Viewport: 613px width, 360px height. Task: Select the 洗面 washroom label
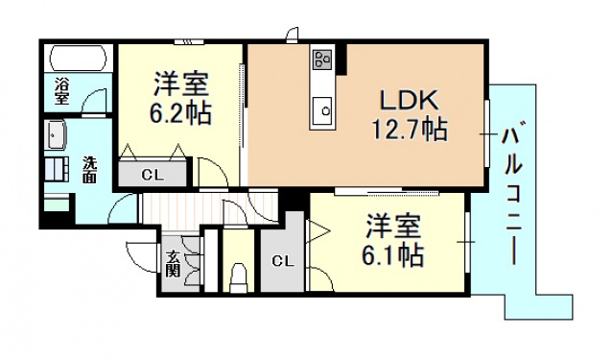[88, 170]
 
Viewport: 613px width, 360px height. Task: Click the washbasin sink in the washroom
[55, 135]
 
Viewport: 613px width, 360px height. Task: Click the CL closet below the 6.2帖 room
[152, 175]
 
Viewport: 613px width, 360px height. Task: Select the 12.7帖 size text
[410, 129]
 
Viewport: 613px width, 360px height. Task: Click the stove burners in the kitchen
[322, 60]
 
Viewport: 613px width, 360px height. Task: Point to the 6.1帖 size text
[392, 255]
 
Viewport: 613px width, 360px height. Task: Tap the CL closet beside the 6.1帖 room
[281, 260]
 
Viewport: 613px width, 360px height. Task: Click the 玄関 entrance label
[173, 262]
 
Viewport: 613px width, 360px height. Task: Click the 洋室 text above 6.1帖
[394, 227]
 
